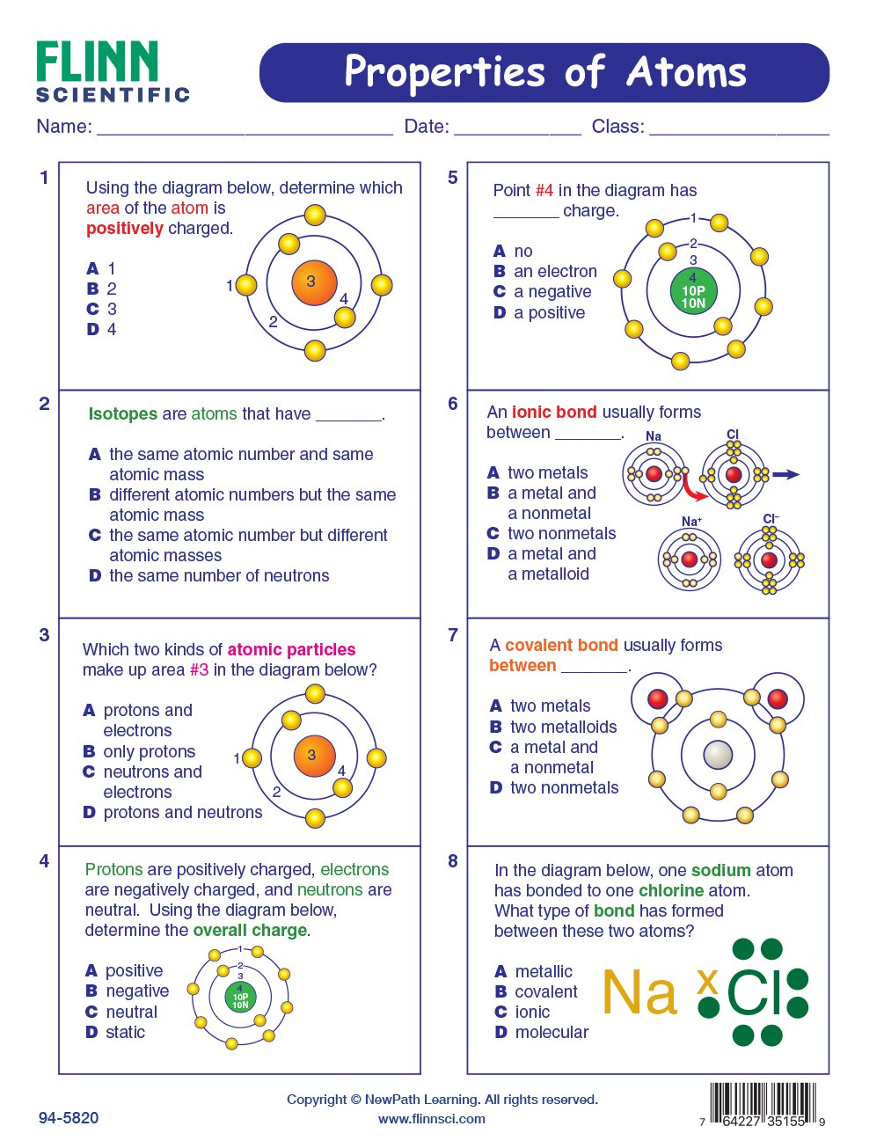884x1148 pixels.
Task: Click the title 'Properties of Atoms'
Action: click(x=544, y=72)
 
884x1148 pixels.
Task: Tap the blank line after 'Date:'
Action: click(x=517, y=128)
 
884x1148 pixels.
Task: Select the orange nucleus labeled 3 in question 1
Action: click(x=313, y=282)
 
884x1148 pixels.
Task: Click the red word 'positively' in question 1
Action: click(x=124, y=229)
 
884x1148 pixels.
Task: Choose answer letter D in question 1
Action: click(x=92, y=330)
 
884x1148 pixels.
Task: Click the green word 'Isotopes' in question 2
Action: click(x=122, y=414)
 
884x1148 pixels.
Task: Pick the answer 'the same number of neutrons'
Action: click(x=219, y=576)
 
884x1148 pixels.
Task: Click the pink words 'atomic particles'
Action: click(x=291, y=650)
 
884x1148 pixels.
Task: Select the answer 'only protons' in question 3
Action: click(x=149, y=752)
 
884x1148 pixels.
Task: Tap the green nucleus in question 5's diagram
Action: click(x=693, y=291)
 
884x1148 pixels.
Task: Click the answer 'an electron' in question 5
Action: click(x=555, y=272)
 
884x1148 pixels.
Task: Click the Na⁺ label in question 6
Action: click(x=691, y=522)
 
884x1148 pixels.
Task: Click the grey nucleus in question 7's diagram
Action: click(x=718, y=755)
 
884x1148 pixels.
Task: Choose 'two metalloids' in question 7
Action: click(x=563, y=728)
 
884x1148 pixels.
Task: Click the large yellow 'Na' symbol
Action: click(x=639, y=993)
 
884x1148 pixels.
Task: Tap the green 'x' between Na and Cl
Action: click(x=707, y=980)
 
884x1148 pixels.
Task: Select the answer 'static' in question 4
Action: click(x=125, y=1033)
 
